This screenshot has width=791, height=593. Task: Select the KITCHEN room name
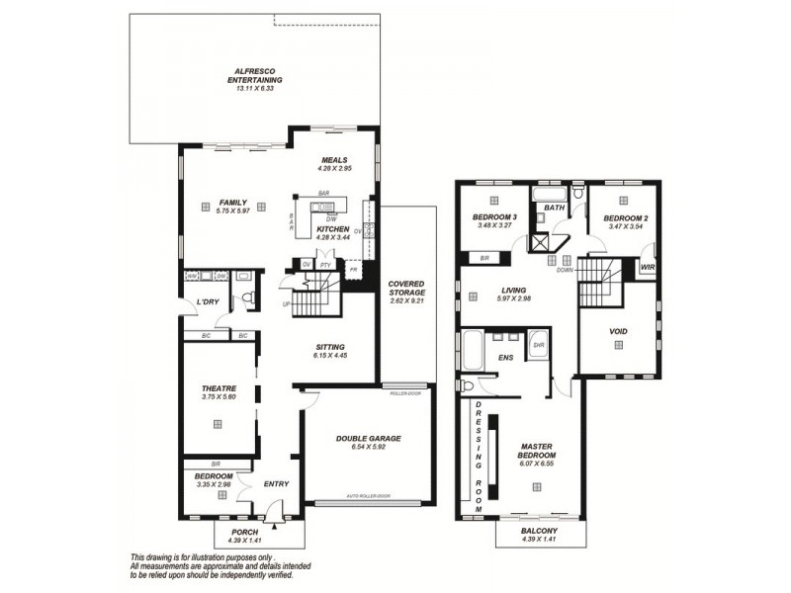[x=332, y=229]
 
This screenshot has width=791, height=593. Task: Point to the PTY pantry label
[x=324, y=265]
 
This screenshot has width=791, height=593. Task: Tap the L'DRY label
[x=207, y=300]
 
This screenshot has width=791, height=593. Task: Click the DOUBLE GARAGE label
[x=368, y=438]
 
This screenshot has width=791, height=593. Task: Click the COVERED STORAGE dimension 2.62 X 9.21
[x=406, y=300]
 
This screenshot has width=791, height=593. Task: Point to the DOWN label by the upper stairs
[x=565, y=268]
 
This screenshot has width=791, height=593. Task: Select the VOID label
[x=619, y=331]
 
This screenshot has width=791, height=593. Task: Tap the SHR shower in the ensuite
[x=538, y=345]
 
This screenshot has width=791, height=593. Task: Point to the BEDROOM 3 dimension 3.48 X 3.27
[x=494, y=225]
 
